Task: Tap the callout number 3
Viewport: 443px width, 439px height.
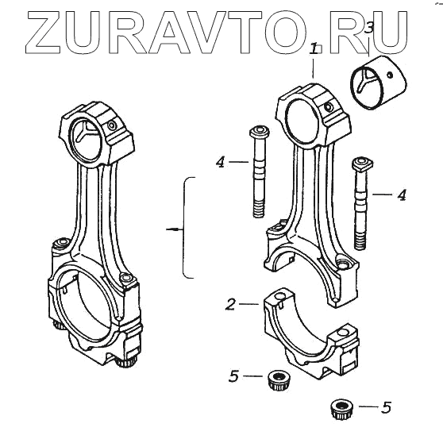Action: click(368, 29)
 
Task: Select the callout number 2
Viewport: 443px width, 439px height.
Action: click(230, 304)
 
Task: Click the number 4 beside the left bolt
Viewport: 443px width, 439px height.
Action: click(221, 162)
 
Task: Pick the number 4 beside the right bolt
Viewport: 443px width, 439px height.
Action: click(402, 195)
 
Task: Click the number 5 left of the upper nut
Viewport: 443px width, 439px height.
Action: click(233, 376)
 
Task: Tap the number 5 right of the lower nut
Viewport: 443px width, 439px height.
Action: click(386, 407)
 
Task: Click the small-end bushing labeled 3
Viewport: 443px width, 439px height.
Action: click(379, 83)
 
